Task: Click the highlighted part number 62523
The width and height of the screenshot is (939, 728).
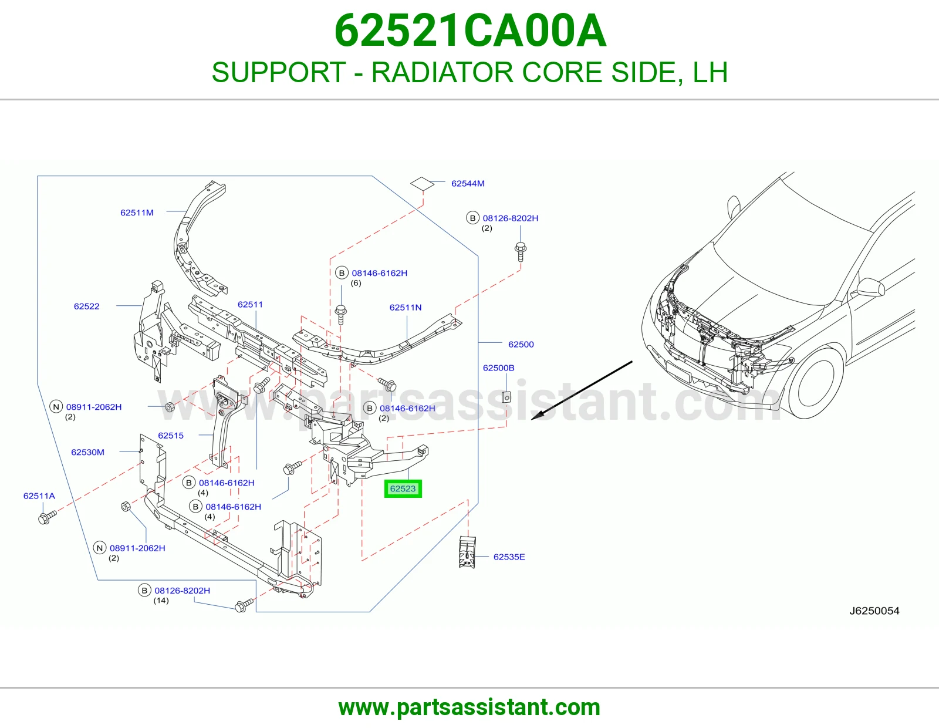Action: click(x=403, y=488)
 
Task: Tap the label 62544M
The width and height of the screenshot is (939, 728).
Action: click(x=468, y=183)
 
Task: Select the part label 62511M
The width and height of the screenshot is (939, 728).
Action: click(x=137, y=213)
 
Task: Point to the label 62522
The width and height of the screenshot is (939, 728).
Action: click(x=86, y=306)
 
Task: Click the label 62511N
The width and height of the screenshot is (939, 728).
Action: click(x=406, y=308)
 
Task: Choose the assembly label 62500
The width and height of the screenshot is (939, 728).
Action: click(x=521, y=344)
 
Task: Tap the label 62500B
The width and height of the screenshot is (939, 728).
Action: click(x=498, y=368)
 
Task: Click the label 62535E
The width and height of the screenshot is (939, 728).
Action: click(x=509, y=557)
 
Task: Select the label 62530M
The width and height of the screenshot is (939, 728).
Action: click(x=87, y=451)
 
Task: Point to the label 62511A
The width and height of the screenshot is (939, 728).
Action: click(x=39, y=496)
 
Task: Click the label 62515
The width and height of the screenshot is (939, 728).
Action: click(x=171, y=435)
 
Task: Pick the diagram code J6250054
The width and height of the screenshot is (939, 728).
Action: click(x=874, y=611)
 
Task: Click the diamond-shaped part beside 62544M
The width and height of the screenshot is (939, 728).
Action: click(x=422, y=184)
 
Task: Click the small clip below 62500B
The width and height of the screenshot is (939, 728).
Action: click(x=506, y=396)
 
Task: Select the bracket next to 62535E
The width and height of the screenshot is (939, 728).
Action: click(x=467, y=552)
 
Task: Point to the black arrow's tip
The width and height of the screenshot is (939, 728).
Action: click(x=531, y=419)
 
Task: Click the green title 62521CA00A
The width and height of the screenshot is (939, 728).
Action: click(x=470, y=31)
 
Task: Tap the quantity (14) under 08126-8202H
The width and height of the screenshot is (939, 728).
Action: click(x=161, y=601)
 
